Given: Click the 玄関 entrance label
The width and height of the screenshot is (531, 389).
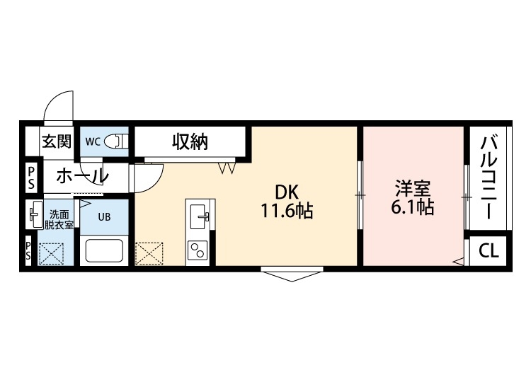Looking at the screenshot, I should tap(57, 141).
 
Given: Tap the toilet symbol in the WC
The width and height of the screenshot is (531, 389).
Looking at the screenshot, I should tap(115, 141).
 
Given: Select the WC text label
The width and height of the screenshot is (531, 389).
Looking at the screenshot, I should tap(93, 141).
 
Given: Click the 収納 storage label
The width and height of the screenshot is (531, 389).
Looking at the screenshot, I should tap(190, 141).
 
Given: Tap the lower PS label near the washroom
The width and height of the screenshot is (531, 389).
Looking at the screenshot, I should tap(28, 250).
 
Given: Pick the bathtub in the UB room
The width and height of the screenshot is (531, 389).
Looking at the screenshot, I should tap(104, 251).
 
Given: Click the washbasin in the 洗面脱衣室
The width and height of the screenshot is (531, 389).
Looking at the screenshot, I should tap(34, 214).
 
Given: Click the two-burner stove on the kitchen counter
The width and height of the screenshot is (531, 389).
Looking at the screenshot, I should tap(198, 250).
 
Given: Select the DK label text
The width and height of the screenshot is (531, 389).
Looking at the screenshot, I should tap(287, 191).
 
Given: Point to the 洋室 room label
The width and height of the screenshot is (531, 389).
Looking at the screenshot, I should tap(413, 190).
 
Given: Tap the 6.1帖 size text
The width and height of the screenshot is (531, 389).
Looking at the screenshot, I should tap(413, 209).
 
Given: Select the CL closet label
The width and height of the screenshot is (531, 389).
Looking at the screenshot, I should tap(488, 250).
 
